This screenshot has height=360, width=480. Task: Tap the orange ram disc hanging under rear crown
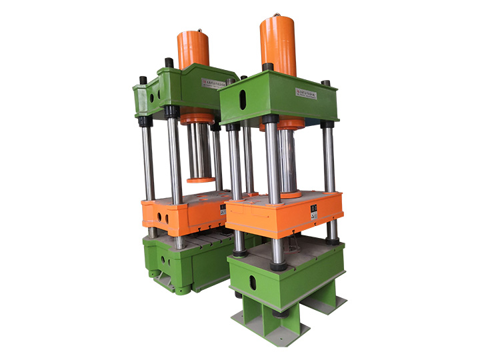tap(201, 179)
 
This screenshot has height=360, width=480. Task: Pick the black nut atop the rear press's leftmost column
tap(142, 81)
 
